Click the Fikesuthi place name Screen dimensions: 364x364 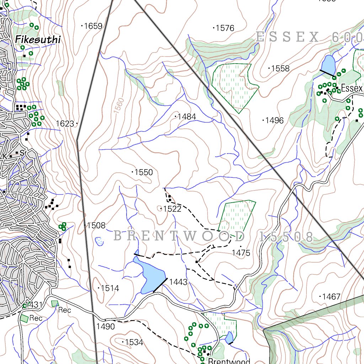click(x=38, y=39)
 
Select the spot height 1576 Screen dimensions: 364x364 click(x=225, y=28)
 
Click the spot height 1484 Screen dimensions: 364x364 click(x=187, y=117)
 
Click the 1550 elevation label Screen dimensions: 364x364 click(x=144, y=172)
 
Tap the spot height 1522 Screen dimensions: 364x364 click(x=172, y=209)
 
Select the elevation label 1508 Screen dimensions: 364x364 click(x=96, y=225)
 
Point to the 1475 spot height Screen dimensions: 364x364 click(x=241, y=253)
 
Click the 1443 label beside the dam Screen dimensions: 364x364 click(x=178, y=282)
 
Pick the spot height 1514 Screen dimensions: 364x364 click(x=110, y=288)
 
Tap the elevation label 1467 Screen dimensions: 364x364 click(x=331, y=296)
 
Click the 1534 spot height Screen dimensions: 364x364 click(x=134, y=342)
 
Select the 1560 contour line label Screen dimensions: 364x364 click(x=119, y=106)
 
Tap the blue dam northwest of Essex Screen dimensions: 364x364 click(x=328, y=64)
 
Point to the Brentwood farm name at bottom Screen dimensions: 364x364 click(x=229, y=361)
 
